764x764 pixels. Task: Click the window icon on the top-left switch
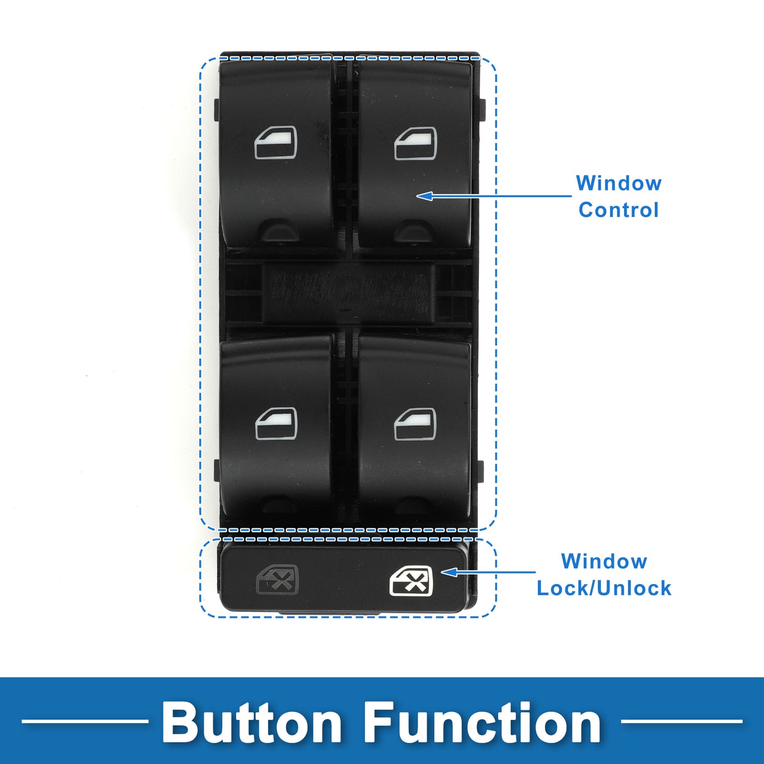(x=275, y=143)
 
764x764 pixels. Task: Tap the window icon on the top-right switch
(x=415, y=143)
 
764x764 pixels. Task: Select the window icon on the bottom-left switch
(x=275, y=424)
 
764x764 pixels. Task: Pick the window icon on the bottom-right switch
(x=415, y=424)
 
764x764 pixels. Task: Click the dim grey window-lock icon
(x=277, y=580)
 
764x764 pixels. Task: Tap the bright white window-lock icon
(x=411, y=581)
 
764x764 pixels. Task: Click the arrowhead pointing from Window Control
(x=424, y=196)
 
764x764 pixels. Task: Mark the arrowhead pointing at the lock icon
(x=448, y=572)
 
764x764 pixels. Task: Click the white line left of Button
(x=85, y=721)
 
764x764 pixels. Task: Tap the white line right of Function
(x=682, y=721)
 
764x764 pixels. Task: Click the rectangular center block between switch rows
(x=348, y=293)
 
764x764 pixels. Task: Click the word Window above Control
(x=619, y=183)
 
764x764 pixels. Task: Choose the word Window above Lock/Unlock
(x=604, y=561)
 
